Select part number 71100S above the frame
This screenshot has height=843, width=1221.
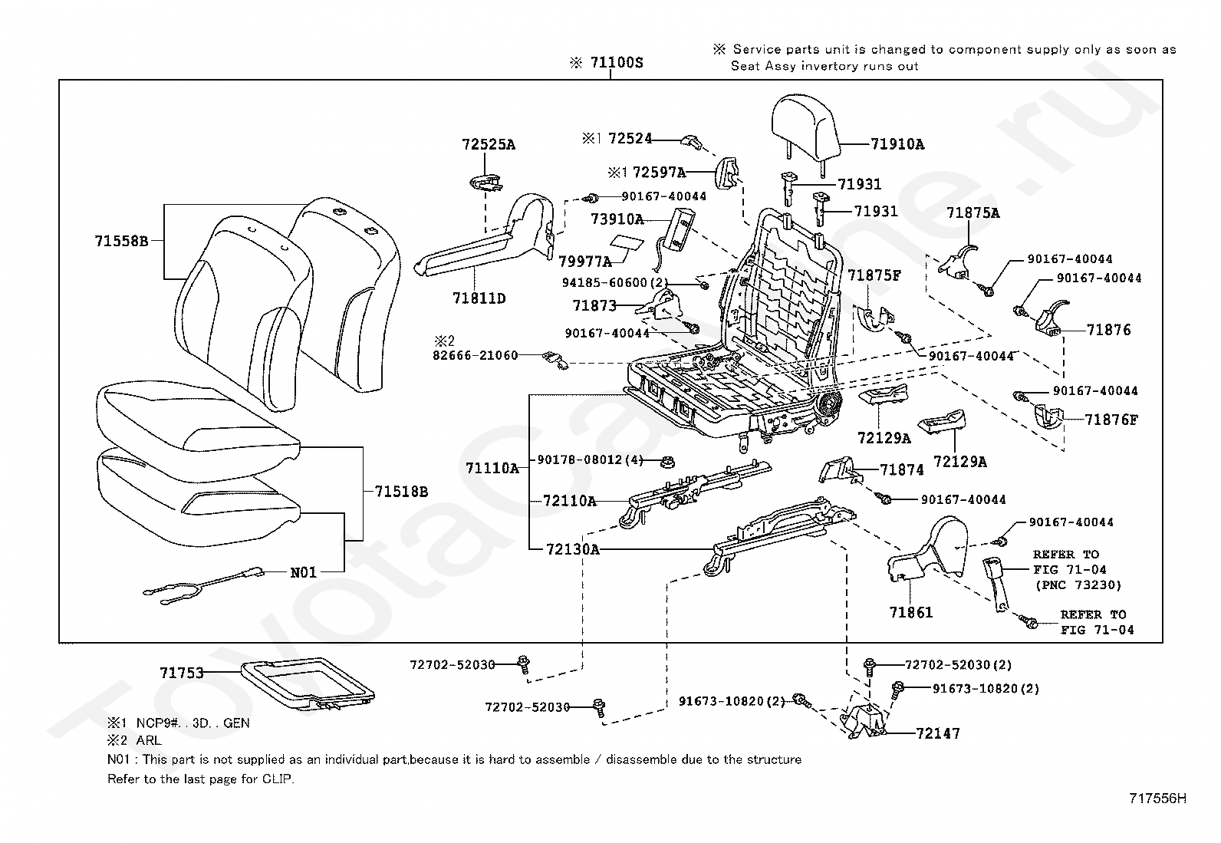tap(617, 63)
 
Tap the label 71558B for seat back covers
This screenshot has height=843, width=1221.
tap(121, 241)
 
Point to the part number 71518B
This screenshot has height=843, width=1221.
tap(401, 492)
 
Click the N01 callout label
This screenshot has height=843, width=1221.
tap(303, 572)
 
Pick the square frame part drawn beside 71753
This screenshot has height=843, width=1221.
tap(307, 683)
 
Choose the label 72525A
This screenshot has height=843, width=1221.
tap(489, 144)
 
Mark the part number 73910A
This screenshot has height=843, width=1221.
tap(617, 219)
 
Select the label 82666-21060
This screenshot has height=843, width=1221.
tap(476, 355)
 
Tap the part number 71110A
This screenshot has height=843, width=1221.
tap(492, 469)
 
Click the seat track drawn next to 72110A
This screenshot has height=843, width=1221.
tap(696, 492)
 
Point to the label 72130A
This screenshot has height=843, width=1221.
tap(572, 550)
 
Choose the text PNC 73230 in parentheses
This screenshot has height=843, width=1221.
tap(1079, 585)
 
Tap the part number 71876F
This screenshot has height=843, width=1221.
tap(1111, 420)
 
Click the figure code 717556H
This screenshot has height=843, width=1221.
tap(1157, 799)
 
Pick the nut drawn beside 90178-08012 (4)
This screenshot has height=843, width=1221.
tap(667, 463)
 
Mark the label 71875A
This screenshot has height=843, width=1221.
tap(973, 213)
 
